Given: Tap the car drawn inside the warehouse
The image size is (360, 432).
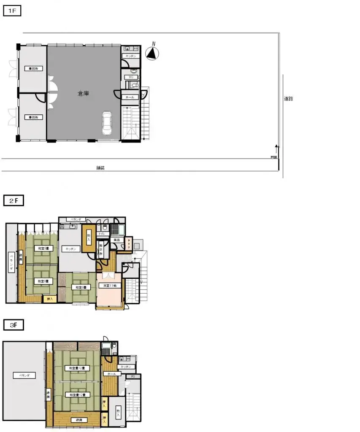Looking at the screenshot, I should [x=107, y=123].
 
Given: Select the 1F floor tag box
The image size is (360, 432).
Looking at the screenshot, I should [x=12, y=11].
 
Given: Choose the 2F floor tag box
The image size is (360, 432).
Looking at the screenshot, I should [x=14, y=201].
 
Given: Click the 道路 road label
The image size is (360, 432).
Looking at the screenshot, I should [x=288, y=99].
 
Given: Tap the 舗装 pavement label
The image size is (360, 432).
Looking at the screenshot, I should [x=100, y=167].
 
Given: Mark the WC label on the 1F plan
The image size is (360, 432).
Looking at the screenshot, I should [x=131, y=77].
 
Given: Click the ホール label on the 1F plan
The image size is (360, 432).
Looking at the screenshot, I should [x=130, y=97].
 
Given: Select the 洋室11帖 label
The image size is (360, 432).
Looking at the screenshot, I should [x=110, y=286].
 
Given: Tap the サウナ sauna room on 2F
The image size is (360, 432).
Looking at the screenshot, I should [x=129, y=243].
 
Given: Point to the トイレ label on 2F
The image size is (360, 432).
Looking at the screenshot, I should [x=102, y=234].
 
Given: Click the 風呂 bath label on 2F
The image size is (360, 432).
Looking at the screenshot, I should [x=116, y=240].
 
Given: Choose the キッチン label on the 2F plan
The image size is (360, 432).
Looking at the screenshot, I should [x=70, y=249].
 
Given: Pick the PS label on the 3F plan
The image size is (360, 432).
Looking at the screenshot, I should [x=133, y=376].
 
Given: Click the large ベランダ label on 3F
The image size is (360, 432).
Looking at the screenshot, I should [x=18, y=375].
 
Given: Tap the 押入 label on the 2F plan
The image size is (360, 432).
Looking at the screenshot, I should [x=49, y=299].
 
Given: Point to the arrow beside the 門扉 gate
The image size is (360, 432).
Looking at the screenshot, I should [x=277, y=148].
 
